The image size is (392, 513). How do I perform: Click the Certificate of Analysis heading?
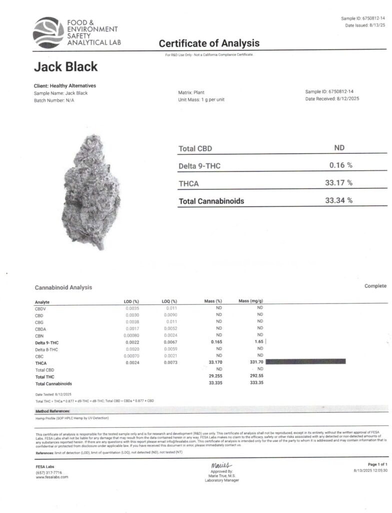pos(209,44)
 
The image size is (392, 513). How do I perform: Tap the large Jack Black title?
pos(65,67)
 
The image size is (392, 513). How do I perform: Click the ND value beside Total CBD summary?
pos(339,148)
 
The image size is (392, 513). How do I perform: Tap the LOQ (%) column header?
pos(169,301)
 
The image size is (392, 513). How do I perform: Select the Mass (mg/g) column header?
pos(250,301)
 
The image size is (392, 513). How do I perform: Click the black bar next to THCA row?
pos(306,361)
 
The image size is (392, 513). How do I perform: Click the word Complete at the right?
pos(375,286)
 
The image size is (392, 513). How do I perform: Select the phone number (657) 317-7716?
pos(49,472)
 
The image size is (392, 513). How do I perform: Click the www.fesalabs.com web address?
pos(52,477)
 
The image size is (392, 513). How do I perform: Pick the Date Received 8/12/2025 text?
pos(332,99)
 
